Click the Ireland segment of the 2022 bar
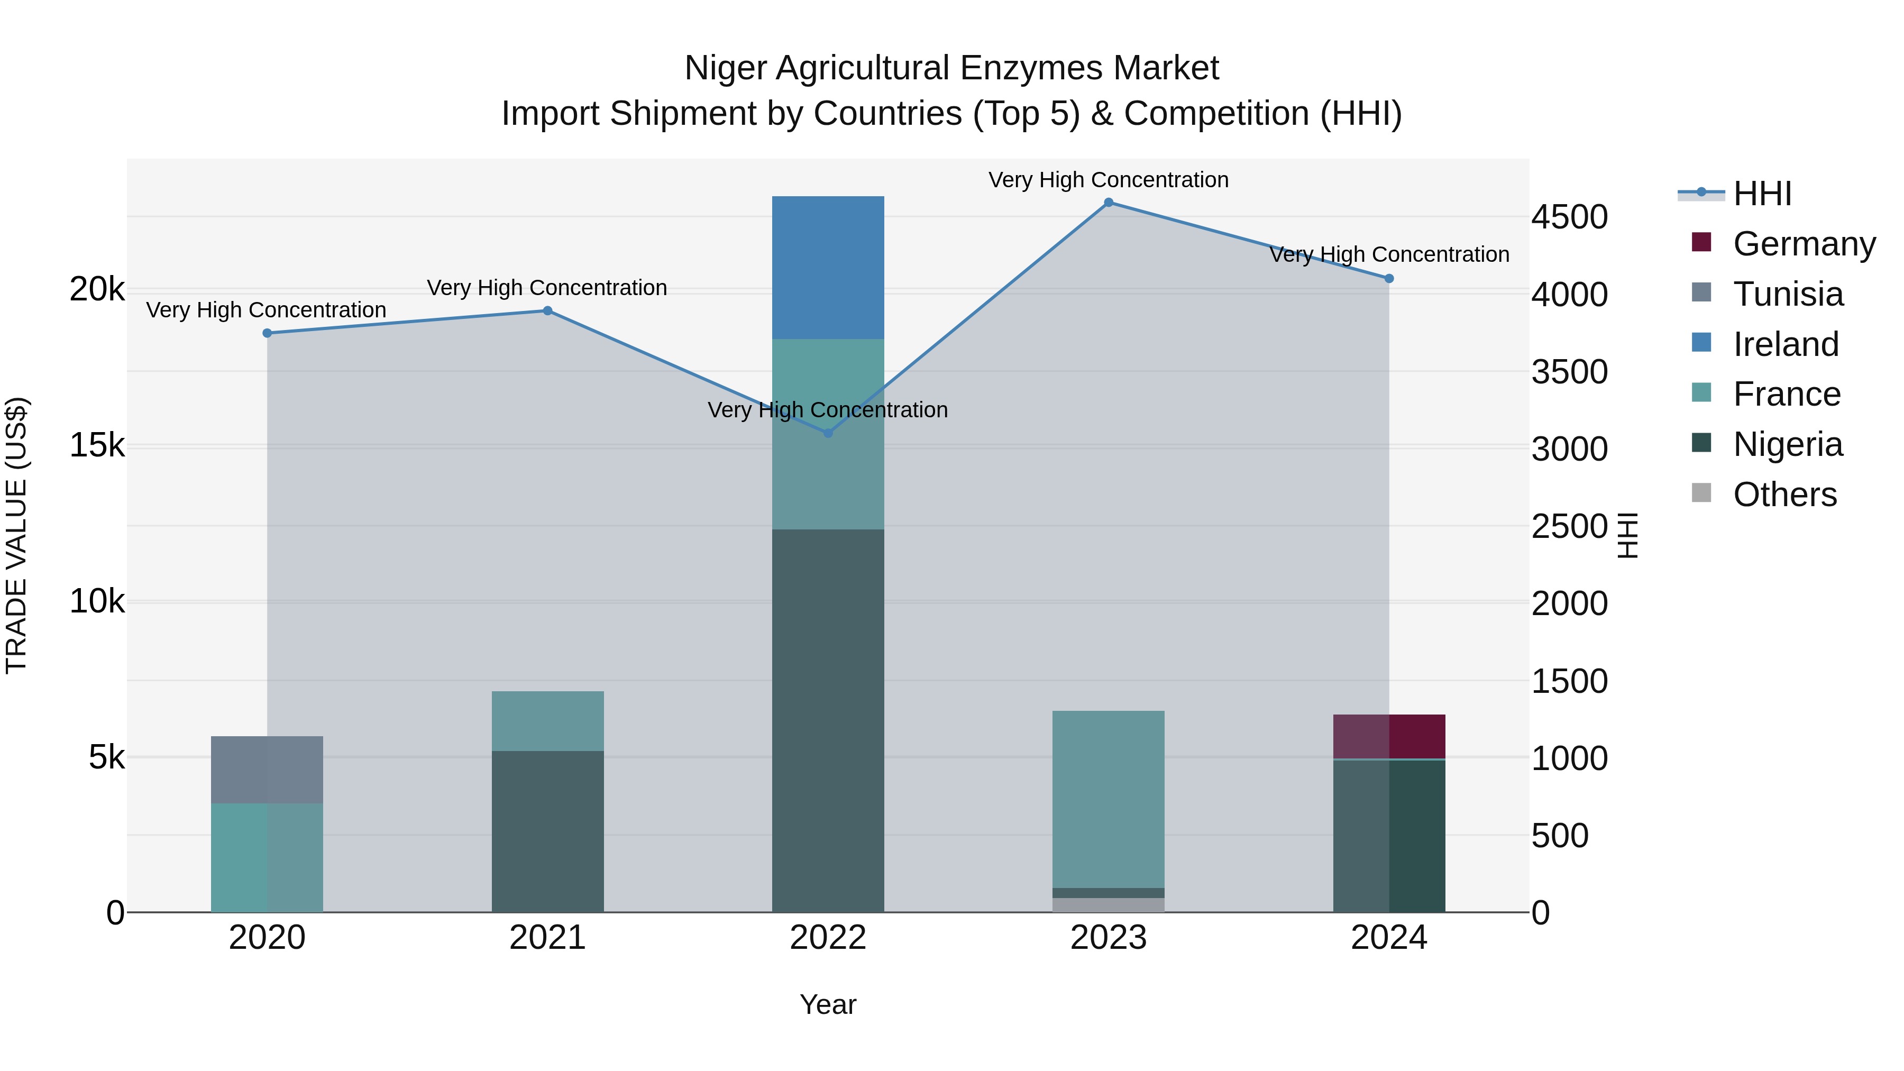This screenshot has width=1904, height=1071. click(828, 268)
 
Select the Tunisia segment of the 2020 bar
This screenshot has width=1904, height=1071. click(267, 770)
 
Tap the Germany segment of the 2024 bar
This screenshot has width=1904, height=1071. click(1389, 736)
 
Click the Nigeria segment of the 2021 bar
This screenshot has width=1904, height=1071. click(548, 831)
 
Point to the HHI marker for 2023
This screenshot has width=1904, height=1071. click(1108, 203)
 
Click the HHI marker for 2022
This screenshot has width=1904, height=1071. click(828, 433)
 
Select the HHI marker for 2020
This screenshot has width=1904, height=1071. click(268, 333)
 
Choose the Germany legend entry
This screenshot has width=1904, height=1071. click(1804, 244)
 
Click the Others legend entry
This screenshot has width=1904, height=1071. click(1784, 495)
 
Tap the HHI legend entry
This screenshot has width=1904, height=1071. click(1762, 194)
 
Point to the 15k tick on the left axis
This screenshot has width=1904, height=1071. click(97, 446)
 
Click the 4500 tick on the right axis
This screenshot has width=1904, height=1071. click(1569, 217)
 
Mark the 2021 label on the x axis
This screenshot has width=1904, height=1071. click(548, 938)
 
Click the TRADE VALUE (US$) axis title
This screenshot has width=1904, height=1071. click(16, 535)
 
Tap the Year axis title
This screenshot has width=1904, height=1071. click(828, 1004)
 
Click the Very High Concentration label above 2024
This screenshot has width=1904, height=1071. click(1389, 254)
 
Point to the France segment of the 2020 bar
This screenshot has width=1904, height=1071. click(267, 857)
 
